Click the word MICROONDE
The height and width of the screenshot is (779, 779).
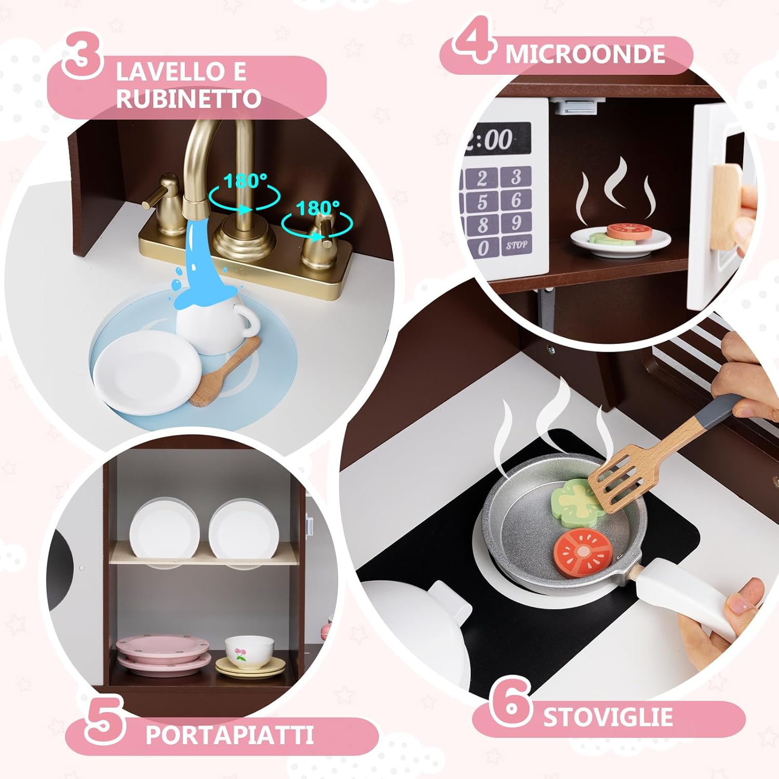tap(585, 54)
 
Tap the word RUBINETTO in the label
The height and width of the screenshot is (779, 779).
tap(188, 99)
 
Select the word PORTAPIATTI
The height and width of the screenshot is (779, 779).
tap(229, 735)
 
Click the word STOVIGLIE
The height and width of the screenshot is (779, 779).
tap(608, 717)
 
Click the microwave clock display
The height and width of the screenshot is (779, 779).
tap(496, 139)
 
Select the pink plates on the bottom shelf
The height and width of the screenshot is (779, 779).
tap(164, 657)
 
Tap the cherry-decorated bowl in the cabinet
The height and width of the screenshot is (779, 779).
tap(249, 652)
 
